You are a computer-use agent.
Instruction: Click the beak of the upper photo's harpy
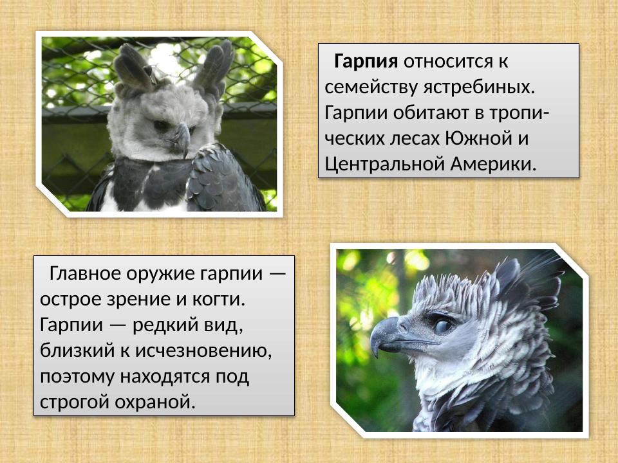[182, 137]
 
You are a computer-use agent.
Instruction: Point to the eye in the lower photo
[444, 325]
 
